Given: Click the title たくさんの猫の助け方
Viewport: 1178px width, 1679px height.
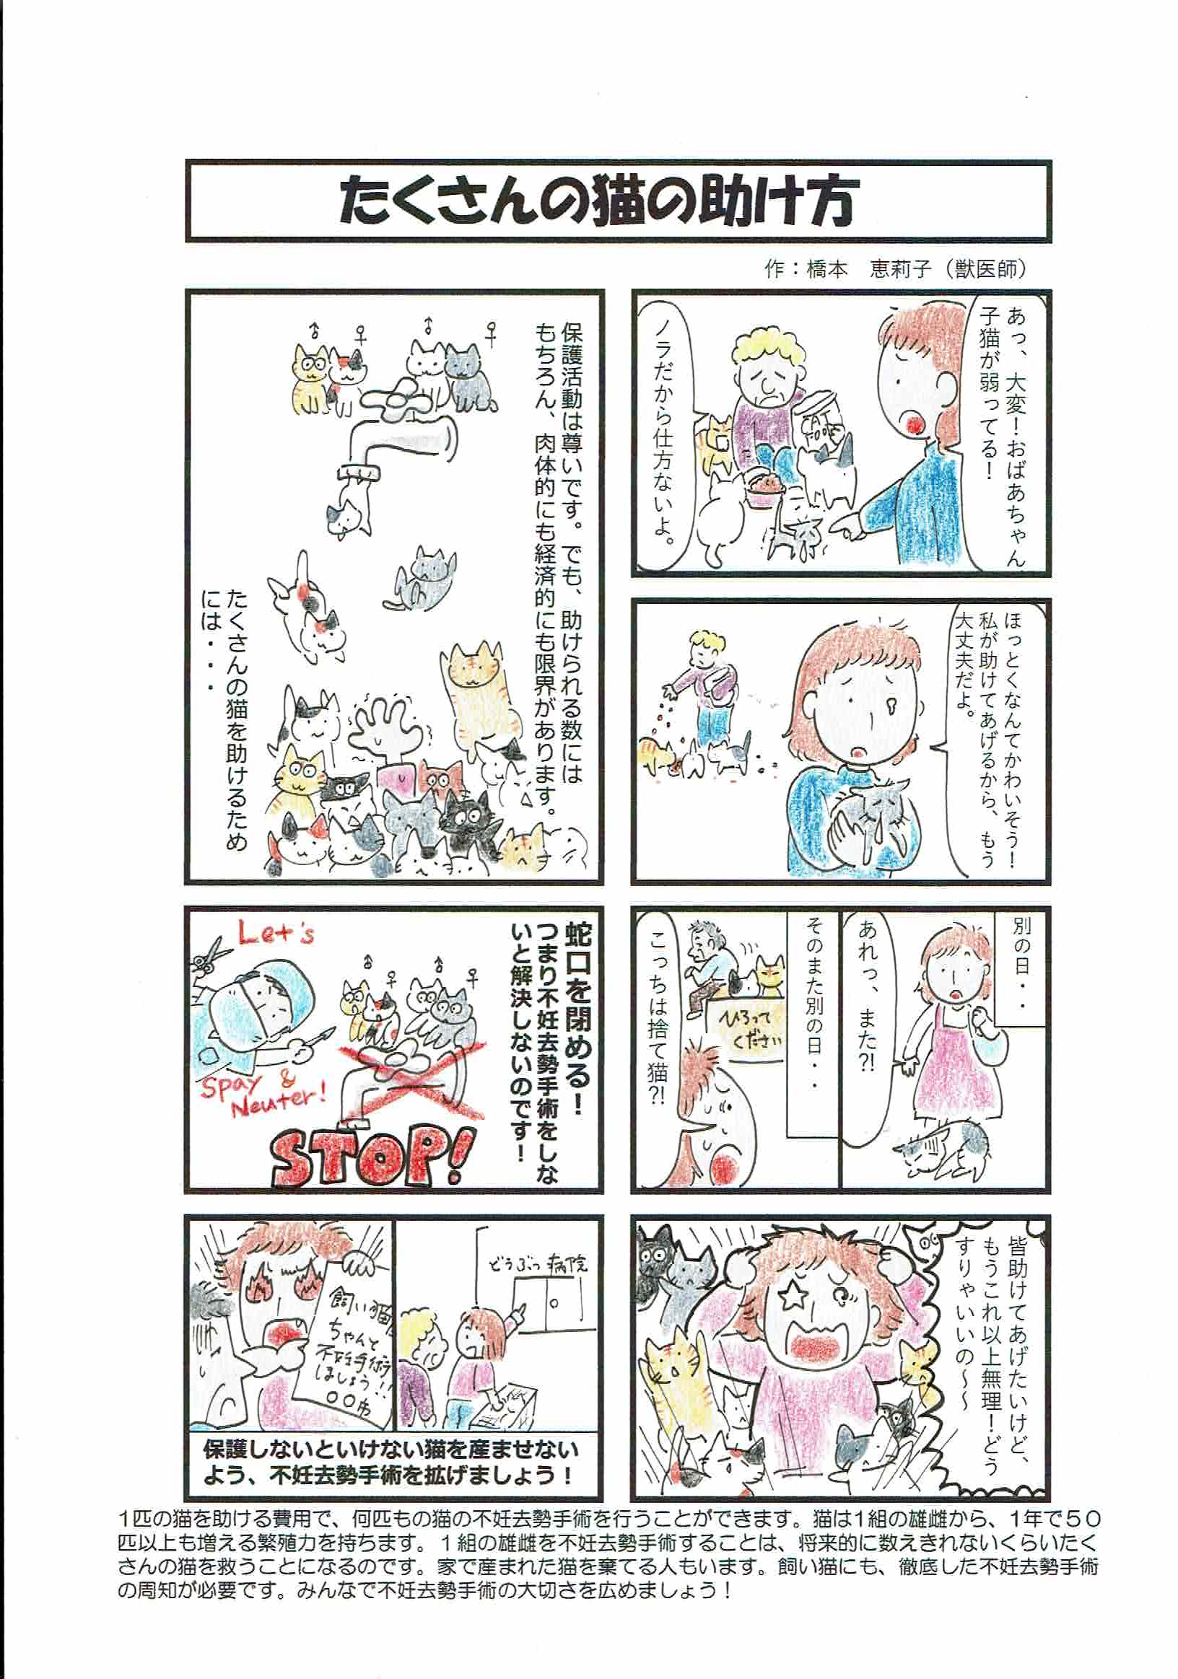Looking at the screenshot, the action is pyautogui.click(x=597, y=199).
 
